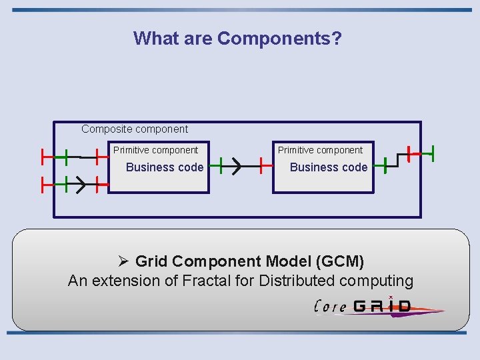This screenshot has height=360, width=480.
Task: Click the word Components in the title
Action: (x=279, y=38)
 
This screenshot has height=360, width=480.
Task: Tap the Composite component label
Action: (x=135, y=129)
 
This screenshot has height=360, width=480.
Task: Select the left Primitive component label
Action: (x=155, y=150)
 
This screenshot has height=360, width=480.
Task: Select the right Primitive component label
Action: (x=320, y=150)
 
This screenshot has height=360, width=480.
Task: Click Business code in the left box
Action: (x=165, y=167)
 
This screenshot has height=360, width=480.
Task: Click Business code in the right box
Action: (x=329, y=167)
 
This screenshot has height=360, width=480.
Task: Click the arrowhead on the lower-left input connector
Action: (x=79, y=184)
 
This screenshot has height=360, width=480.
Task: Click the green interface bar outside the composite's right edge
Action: (x=433, y=153)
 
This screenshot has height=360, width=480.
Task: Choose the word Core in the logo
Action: (x=330, y=307)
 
